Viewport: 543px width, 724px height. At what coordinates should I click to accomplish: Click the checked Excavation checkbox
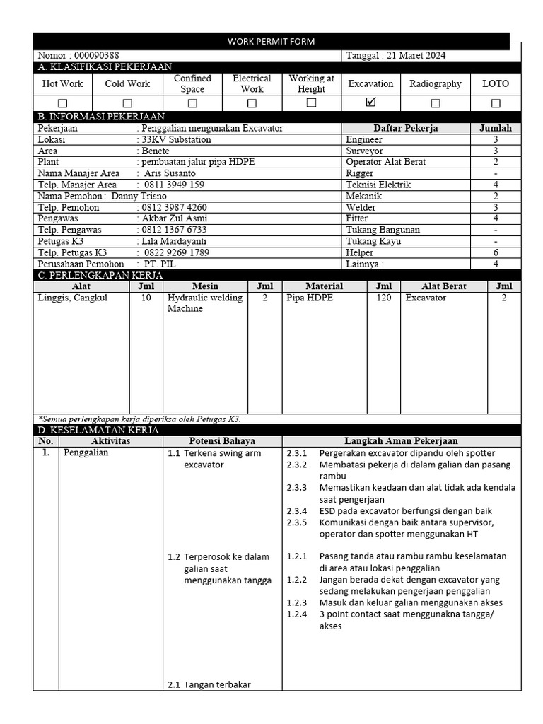pos(370,103)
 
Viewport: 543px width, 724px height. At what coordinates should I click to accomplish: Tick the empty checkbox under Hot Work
pos(62,103)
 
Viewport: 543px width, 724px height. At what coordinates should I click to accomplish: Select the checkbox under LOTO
pos(496,103)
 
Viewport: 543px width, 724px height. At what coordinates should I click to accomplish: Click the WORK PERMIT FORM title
pos(271,42)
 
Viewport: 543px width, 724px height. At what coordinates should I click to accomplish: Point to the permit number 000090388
pos(97,55)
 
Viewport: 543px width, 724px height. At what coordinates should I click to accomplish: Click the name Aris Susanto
pos(170,173)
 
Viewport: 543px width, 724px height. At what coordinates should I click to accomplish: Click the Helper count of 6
pos(496,252)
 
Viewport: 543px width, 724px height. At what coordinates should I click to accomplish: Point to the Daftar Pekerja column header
pos(405,128)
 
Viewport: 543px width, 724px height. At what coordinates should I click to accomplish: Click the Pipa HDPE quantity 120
pos(383,298)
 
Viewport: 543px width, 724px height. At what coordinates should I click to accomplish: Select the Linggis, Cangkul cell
pos(72,298)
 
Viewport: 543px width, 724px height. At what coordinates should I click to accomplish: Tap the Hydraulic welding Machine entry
pos(204,303)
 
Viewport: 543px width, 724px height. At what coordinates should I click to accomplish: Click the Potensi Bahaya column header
pos(222,440)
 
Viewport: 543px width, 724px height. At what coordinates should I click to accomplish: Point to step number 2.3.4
pos(297,510)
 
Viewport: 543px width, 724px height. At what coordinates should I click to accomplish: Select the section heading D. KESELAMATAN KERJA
pos(98,429)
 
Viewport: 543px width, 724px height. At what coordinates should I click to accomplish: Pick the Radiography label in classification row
pos(435,83)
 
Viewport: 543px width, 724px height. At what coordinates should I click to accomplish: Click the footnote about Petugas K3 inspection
pos(139,419)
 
